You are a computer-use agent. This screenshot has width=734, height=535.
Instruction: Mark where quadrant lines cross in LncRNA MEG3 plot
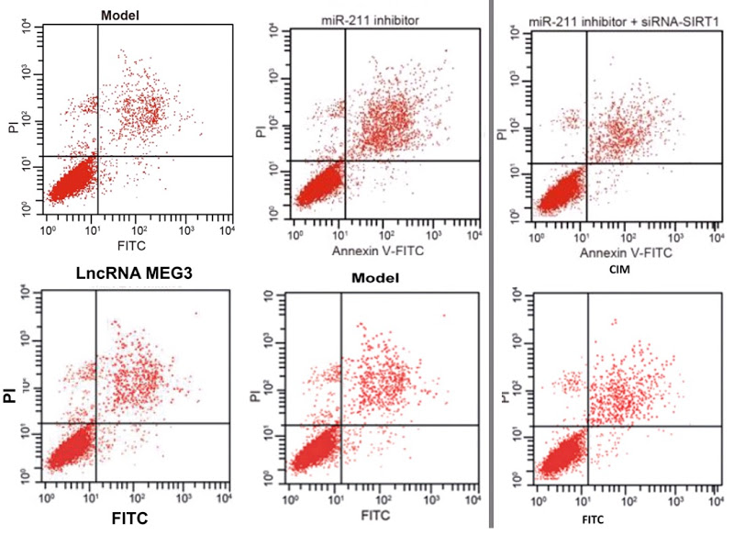click(x=95, y=423)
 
